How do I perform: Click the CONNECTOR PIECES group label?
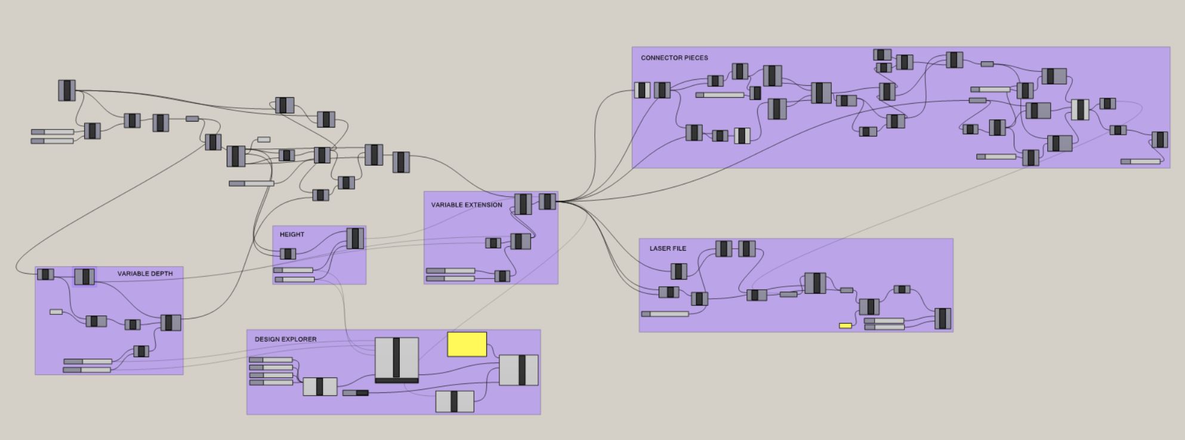pos(674,58)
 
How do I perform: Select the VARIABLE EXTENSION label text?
pos(467,205)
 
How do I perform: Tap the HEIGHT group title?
pos(292,234)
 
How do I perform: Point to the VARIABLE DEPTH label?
pos(145,274)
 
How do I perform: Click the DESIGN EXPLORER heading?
pos(286,339)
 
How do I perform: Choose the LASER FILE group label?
pos(668,249)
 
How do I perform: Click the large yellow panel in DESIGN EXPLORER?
pos(467,345)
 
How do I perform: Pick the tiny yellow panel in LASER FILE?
pos(845,326)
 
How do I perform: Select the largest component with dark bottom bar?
pos(397,360)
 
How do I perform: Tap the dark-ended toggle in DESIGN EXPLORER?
pos(356,393)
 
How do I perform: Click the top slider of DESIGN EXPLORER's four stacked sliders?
pos(271,360)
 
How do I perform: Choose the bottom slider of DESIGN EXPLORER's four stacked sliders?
pos(271,382)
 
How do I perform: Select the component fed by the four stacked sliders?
pos(320,386)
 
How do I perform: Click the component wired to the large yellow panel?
pos(519,370)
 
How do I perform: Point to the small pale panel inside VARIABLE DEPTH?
pos(56,312)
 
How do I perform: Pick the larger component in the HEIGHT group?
pos(355,238)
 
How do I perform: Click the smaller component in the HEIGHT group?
pos(288,254)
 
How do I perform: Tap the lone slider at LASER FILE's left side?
pos(665,314)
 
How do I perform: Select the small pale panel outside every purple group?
pos(264,140)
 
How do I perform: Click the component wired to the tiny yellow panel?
pos(869,306)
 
